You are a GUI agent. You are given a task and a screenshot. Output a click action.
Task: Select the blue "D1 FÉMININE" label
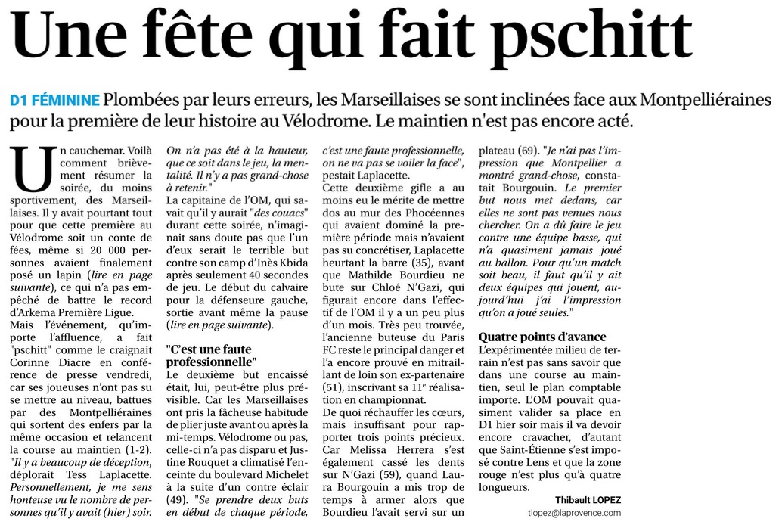click(x=54, y=100)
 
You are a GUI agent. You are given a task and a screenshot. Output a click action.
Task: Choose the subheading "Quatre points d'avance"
click(x=542, y=337)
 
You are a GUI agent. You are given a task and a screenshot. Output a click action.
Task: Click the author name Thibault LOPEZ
click(x=588, y=500)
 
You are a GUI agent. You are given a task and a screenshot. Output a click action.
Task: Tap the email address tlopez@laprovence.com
click(x=574, y=513)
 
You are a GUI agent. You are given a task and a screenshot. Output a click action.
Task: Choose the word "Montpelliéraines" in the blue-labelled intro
click(x=695, y=100)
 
